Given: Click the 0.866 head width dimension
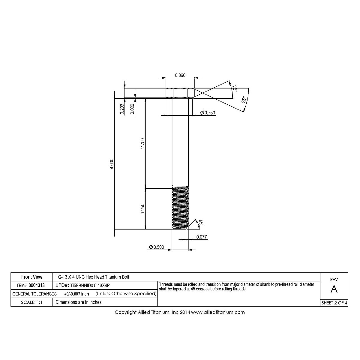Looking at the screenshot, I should click(x=180, y=75).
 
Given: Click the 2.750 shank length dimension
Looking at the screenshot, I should click(x=143, y=143).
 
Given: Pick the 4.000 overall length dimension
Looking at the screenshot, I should click(x=112, y=164).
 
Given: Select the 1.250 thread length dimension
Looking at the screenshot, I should click(x=143, y=209).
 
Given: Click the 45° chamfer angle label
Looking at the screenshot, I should click(x=201, y=223).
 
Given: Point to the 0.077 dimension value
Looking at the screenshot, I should click(x=202, y=237).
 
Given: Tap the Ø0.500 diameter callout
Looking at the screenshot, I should click(x=157, y=247).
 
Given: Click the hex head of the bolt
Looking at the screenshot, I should click(x=180, y=93).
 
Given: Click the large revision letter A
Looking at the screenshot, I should click(x=334, y=289).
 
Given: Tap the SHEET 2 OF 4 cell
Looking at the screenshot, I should click(x=334, y=303).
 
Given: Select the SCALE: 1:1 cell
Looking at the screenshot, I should click(x=31, y=302).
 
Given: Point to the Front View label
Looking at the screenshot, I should click(x=32, y=277).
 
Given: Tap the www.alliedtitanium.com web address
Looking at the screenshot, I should click(x=218, y=312).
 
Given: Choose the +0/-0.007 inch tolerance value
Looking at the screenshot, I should click(x=76, y=294).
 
